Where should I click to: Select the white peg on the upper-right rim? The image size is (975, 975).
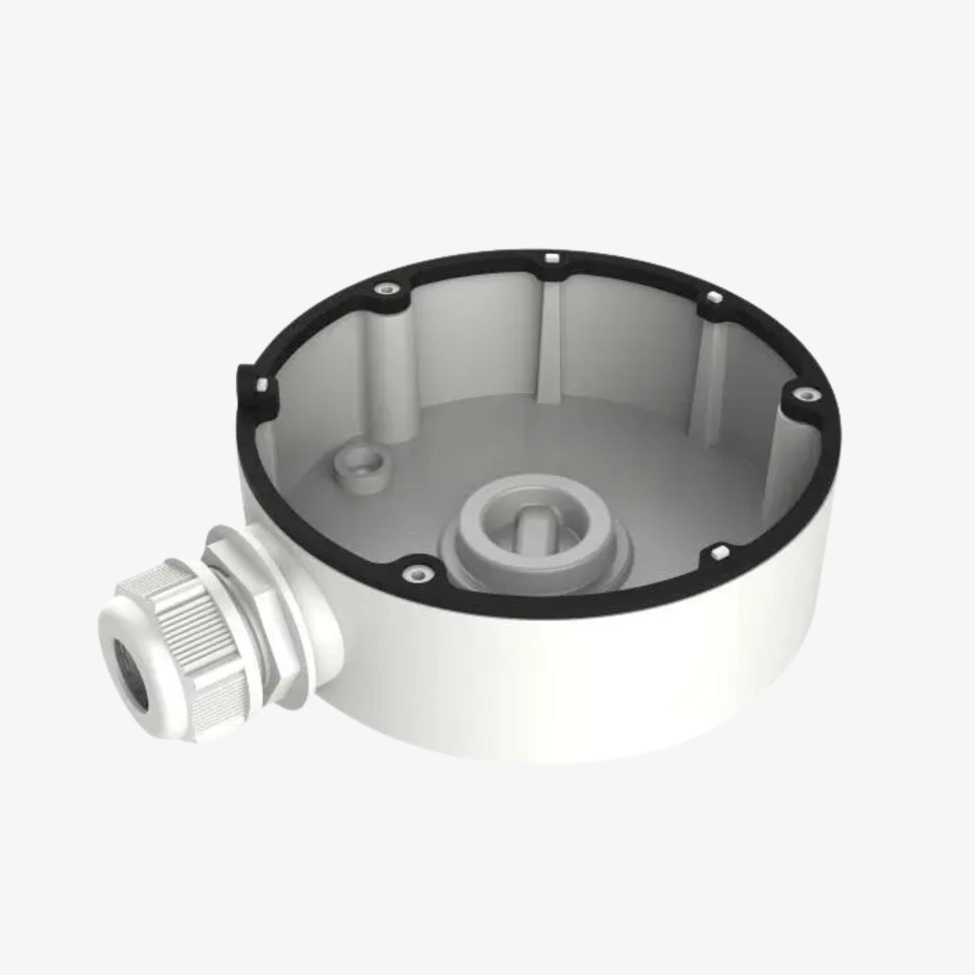coord(713,297)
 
